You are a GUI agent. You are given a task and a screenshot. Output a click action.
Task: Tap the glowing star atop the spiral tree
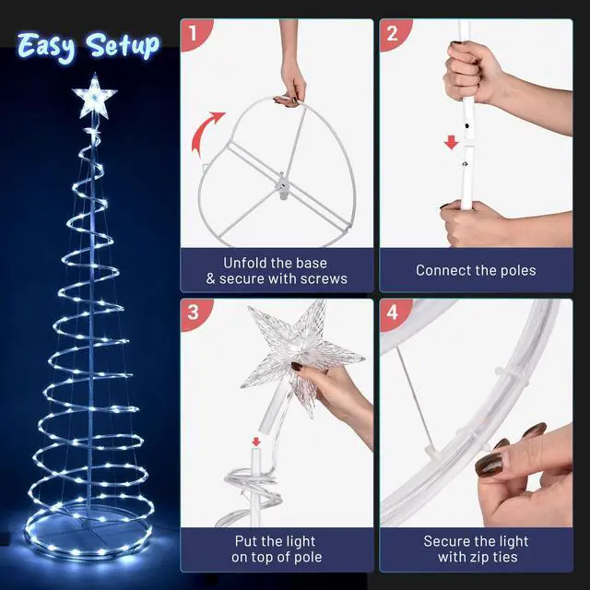coord(92,95)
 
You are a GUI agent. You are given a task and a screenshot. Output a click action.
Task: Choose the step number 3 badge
coord(194,313)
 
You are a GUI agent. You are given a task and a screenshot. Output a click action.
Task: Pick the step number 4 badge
coord(393,313)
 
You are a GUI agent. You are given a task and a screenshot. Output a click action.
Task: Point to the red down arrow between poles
coord(451,143)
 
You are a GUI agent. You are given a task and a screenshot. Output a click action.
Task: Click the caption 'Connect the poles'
coord(476,270)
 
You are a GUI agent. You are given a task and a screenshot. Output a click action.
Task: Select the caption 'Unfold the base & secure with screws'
coord(277,270)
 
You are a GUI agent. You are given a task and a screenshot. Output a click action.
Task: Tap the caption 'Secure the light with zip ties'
coord(476,549)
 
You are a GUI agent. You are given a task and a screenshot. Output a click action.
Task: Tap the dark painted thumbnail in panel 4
coord(489,464)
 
